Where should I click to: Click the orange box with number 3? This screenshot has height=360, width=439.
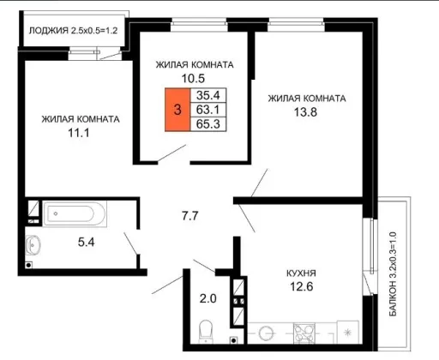click(177, 110)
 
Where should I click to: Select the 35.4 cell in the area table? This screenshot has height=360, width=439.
click(208, 95)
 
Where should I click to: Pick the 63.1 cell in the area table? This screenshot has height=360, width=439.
click(208, 110)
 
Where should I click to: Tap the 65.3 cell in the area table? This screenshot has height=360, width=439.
click(208, 124)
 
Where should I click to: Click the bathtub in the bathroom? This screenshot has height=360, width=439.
click(75, 214)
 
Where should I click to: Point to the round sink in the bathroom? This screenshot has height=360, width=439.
click(33, 245)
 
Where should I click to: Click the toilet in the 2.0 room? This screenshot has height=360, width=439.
click(206, 332)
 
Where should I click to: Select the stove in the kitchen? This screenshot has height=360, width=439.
click(304, 333)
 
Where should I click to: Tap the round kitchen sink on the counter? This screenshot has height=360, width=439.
click(267, 333)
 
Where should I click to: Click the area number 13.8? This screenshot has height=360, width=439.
click(305, 112)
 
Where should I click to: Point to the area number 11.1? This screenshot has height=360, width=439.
click(79, 133)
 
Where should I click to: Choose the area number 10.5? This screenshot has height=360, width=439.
click(194, 78)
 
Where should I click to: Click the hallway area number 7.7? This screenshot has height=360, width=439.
click(190, 216)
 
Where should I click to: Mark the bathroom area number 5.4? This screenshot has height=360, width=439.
click(86, 243)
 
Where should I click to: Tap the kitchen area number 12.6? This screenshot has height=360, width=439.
click(302, 286)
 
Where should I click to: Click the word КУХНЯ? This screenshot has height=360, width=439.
click(301, 273)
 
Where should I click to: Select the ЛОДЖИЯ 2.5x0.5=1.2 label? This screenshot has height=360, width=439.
click(73, 31)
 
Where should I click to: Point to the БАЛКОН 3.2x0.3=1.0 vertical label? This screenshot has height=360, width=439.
click(394, 274)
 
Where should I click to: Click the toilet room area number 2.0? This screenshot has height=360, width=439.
click(207, 298)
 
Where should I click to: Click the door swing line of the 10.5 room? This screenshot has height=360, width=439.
click(172, 153)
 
